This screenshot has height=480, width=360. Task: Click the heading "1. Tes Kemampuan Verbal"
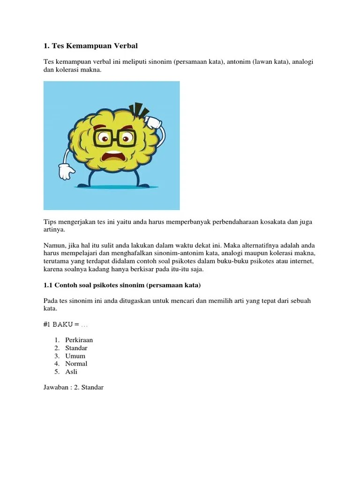tap(91, 46)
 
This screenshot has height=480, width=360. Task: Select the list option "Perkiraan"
tap(79, 340)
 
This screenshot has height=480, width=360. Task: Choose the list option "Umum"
tap(75, 356)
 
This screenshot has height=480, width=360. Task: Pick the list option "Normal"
tap(76, 364)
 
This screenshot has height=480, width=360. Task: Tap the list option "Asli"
tap(72, 372)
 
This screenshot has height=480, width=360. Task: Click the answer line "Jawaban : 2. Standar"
tap(73, 388)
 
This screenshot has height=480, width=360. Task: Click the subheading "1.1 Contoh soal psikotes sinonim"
tap(122, 285)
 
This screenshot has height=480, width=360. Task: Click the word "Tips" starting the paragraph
tap(50, 222)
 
